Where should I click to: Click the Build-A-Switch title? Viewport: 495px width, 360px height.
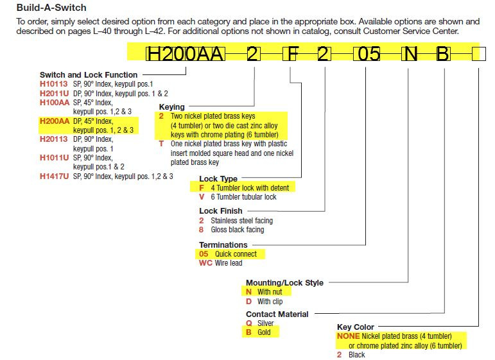[x=51, y=8]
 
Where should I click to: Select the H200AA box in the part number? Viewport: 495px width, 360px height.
[x=186, y=54]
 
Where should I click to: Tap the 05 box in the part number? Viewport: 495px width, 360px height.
[x=366, y=54]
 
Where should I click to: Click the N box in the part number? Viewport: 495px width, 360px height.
[x=410, y=54]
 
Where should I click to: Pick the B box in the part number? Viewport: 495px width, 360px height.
[x=442, y=54]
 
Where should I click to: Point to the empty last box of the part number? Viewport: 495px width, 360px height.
[x=479, y=54]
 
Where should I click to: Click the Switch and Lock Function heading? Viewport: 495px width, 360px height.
[x=89, y=75]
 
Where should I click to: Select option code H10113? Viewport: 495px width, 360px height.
[x=54, y=84]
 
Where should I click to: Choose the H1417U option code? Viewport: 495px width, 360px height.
[x=54, y=176]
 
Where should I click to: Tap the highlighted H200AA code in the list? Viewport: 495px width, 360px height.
[x=55, y=121]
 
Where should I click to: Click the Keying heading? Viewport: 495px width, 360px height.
[x=171, y=107]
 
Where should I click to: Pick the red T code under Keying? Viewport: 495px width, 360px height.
[x=161, y=144]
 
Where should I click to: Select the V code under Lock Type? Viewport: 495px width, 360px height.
[x=202, y=197]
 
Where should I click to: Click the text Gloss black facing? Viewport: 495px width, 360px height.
[x=238, y=230]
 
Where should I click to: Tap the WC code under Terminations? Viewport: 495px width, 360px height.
[x=205, y=263]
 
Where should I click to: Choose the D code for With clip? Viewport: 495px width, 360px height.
[x=248, y=302]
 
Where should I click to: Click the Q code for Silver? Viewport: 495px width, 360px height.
[x=248, y=323]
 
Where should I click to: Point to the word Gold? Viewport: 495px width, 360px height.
[x=264, y=332]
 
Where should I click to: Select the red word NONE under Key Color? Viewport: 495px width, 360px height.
[x=348, y=336]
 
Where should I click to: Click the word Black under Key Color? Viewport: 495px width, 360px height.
[x=357, y=355]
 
